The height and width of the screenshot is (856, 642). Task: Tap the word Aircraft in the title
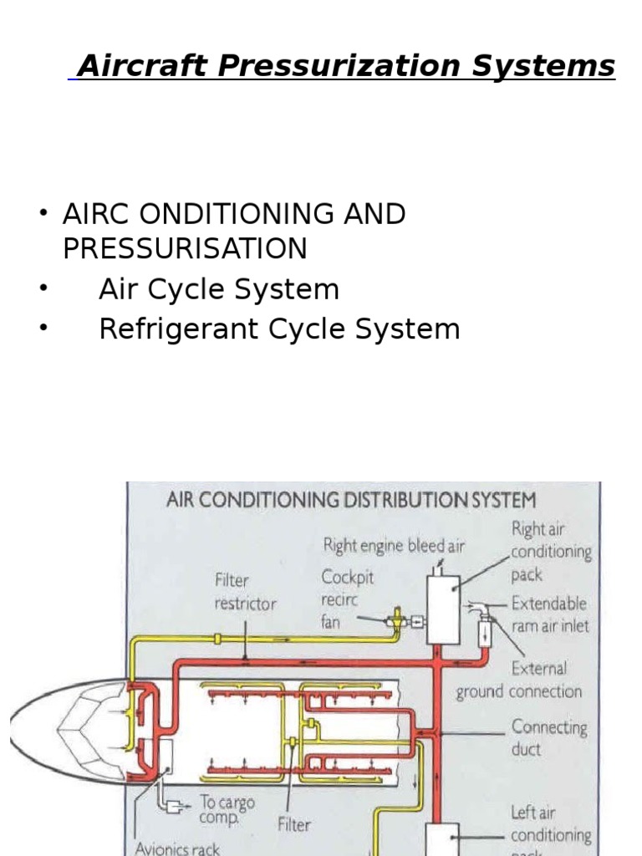click(141, 66)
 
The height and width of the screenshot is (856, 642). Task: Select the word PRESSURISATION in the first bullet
click(185, 248)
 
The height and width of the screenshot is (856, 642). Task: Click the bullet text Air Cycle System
click(219, 289)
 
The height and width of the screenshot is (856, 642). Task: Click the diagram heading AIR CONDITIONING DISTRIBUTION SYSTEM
click(351, 501)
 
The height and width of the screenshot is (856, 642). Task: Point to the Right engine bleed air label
click(394, 546)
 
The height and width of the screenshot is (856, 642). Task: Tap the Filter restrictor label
click(244, 591)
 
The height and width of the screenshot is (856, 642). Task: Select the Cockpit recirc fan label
click(347, 599)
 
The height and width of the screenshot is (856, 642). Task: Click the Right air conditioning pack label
click(551, 552)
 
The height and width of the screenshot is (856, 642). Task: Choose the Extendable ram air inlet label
click(549, 614)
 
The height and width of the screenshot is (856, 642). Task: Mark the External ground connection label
click(520, 680)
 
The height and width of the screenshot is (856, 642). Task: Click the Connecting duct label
click(549, 737)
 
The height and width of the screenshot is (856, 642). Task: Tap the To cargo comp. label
click(225, 808)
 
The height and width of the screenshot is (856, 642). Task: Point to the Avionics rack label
click(177, 848)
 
